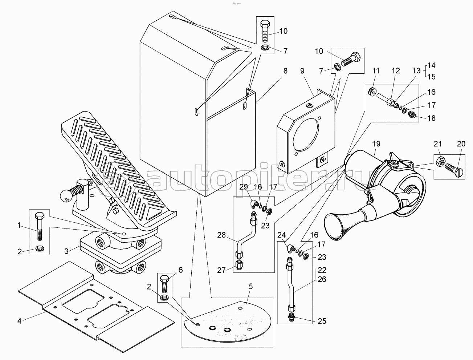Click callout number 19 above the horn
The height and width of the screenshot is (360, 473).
[376, 144]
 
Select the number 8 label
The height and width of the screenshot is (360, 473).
[286, 71]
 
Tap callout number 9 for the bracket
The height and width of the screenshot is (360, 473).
[302, 71]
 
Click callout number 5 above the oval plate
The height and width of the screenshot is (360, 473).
[250, 287]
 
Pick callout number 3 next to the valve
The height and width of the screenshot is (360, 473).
[66, 251]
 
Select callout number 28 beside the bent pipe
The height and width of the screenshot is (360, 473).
[221, 235]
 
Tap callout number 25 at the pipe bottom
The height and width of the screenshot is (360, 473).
[322, 327]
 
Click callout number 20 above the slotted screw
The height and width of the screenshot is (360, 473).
[461, 144]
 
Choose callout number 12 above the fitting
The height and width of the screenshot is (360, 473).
[396, 71]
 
